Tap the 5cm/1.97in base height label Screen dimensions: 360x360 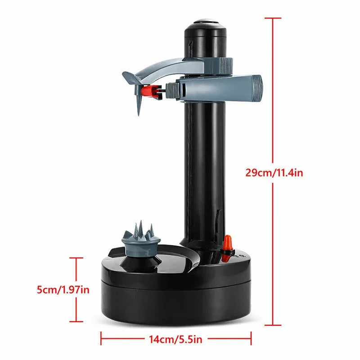pyautogui.click(x=63, y=290)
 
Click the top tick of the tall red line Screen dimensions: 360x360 pyautogui.click(x=273, y=18)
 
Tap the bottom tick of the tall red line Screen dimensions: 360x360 pyautogui.click(x=273, y=325)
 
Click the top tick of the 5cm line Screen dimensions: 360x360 pyautogui.click(x=76, y=258)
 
